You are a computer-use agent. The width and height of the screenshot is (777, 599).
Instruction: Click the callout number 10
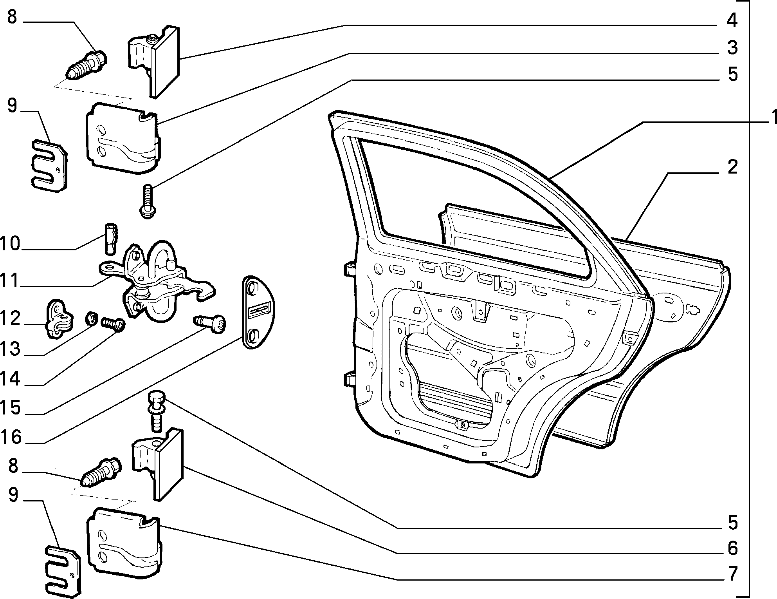tap(10, 244)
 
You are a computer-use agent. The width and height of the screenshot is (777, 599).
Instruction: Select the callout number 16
tap(11, 437)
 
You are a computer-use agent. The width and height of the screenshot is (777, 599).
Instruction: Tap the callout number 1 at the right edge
tap(773, 118)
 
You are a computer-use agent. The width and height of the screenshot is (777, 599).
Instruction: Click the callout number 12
tap(10, 319)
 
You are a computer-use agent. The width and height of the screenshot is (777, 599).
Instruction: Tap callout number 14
tap(10, 379)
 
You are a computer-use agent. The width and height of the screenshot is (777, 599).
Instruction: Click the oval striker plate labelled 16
tap(258, 312)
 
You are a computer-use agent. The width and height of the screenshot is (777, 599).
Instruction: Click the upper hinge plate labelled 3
tap(123, 138)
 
